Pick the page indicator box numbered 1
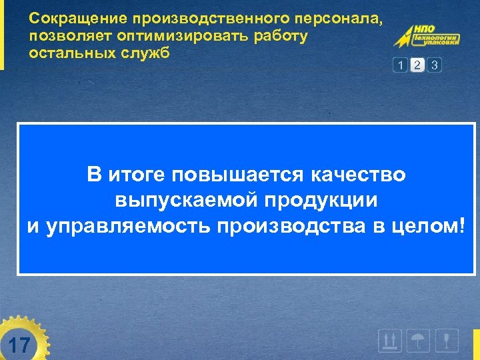tap(399, 65)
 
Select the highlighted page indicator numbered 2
tap(417, 65)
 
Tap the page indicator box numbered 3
tap(435, 65)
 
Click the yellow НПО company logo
tap(427, 38)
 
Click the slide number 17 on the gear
tap(21, 345)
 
